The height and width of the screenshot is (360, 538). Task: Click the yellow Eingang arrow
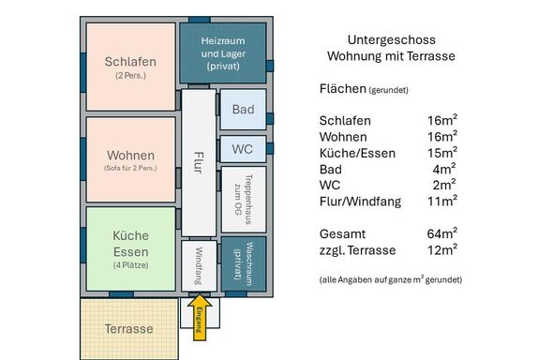coord(200,318)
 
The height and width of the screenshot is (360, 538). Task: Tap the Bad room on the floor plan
coord(243,110)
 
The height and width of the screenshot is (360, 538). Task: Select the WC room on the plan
coord(243,149)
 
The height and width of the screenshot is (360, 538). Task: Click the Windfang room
coord(199,266)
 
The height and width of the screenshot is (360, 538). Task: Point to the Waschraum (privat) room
coord(244,264)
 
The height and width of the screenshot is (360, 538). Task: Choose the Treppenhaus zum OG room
coord(244,200)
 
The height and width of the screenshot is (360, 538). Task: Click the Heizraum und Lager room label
coord(223,53)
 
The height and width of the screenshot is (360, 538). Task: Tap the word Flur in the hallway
coord(199,162)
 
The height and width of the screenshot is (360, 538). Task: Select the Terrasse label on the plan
coord(129,329)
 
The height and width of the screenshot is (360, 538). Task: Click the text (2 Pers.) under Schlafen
coord(130,76)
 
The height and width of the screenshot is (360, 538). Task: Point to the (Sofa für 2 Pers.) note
coord(130,168)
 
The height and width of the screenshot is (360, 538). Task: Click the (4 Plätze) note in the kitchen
coord(130,265)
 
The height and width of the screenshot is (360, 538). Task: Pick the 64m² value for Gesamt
coord(442,233)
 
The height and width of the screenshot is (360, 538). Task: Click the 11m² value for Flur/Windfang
coord(442,201)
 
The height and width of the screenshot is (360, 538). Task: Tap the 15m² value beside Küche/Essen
coord(442,153)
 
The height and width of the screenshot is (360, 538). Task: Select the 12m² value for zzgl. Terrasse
coord(442,249)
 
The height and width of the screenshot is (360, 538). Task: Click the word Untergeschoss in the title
coord(392,39)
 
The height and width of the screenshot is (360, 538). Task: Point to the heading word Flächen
coord(343,88)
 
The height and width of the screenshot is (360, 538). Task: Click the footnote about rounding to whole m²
coord(391,279)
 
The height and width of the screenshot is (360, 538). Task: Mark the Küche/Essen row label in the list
coord(357,153)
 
